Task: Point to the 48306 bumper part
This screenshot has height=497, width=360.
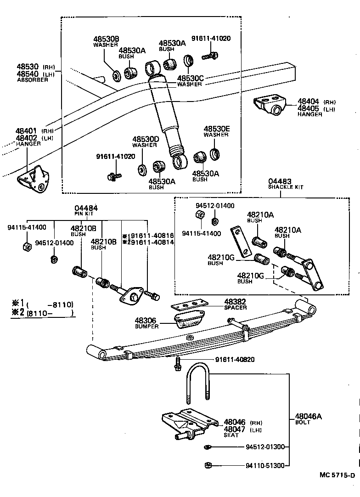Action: point(189,320)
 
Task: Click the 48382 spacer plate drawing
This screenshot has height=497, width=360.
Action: point(189,305)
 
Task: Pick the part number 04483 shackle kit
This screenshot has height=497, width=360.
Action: point(280,182)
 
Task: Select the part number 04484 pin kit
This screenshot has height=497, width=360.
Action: point(86,208)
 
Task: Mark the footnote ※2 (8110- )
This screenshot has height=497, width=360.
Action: point(42,313)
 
